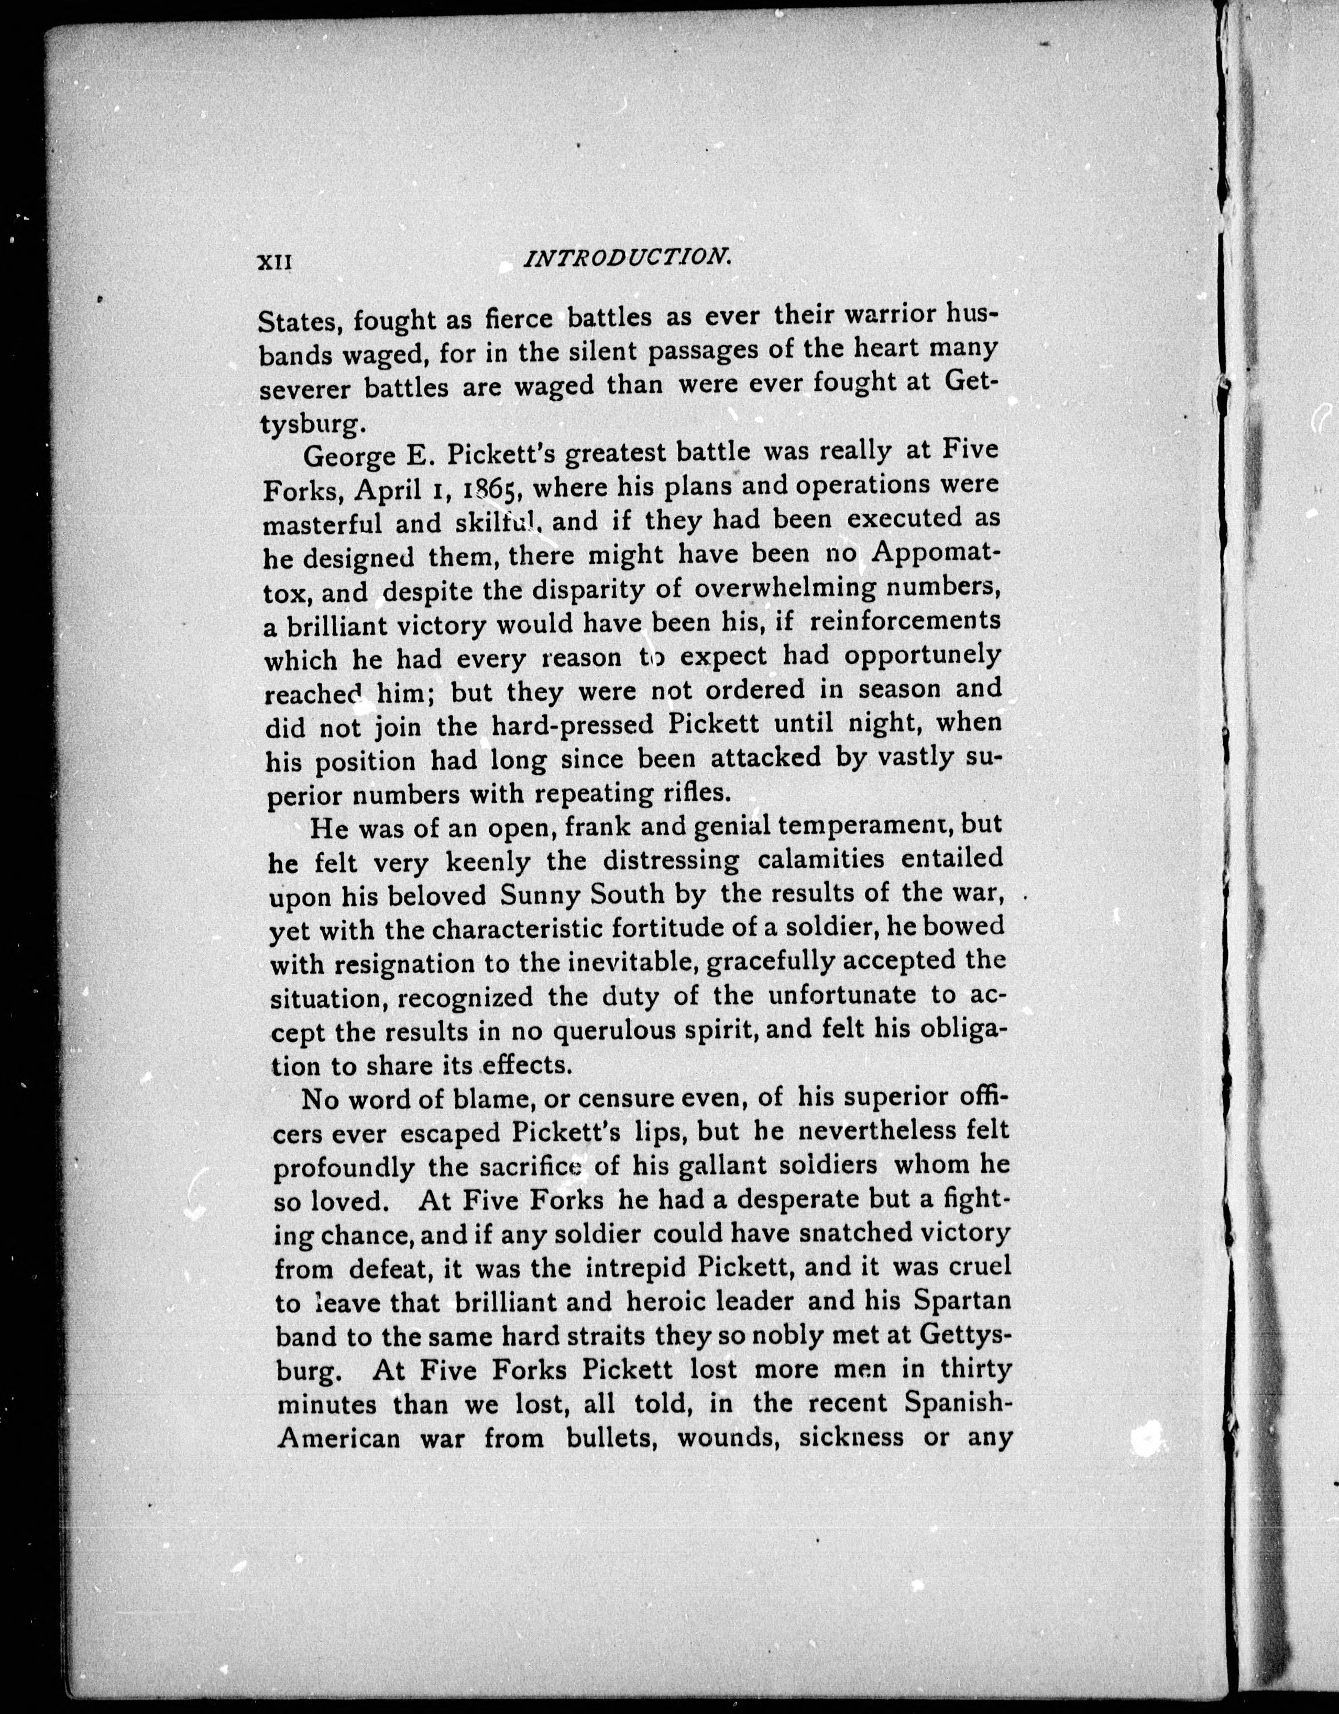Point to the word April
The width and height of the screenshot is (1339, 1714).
381,490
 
